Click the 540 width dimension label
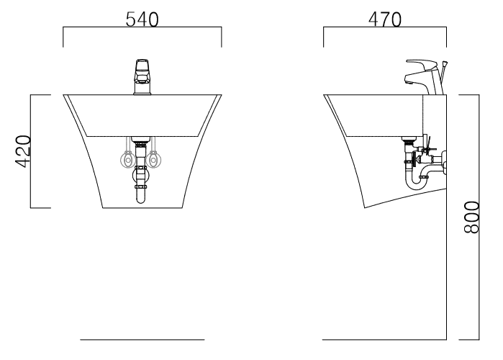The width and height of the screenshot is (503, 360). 142,19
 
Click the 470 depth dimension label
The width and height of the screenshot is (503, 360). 385,19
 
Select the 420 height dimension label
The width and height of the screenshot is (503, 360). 23,151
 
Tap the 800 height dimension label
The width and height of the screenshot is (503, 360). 471,217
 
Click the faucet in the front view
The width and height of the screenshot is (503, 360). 142,77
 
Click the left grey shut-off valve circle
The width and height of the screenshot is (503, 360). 127,159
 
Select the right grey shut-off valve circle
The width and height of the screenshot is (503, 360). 153,159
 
